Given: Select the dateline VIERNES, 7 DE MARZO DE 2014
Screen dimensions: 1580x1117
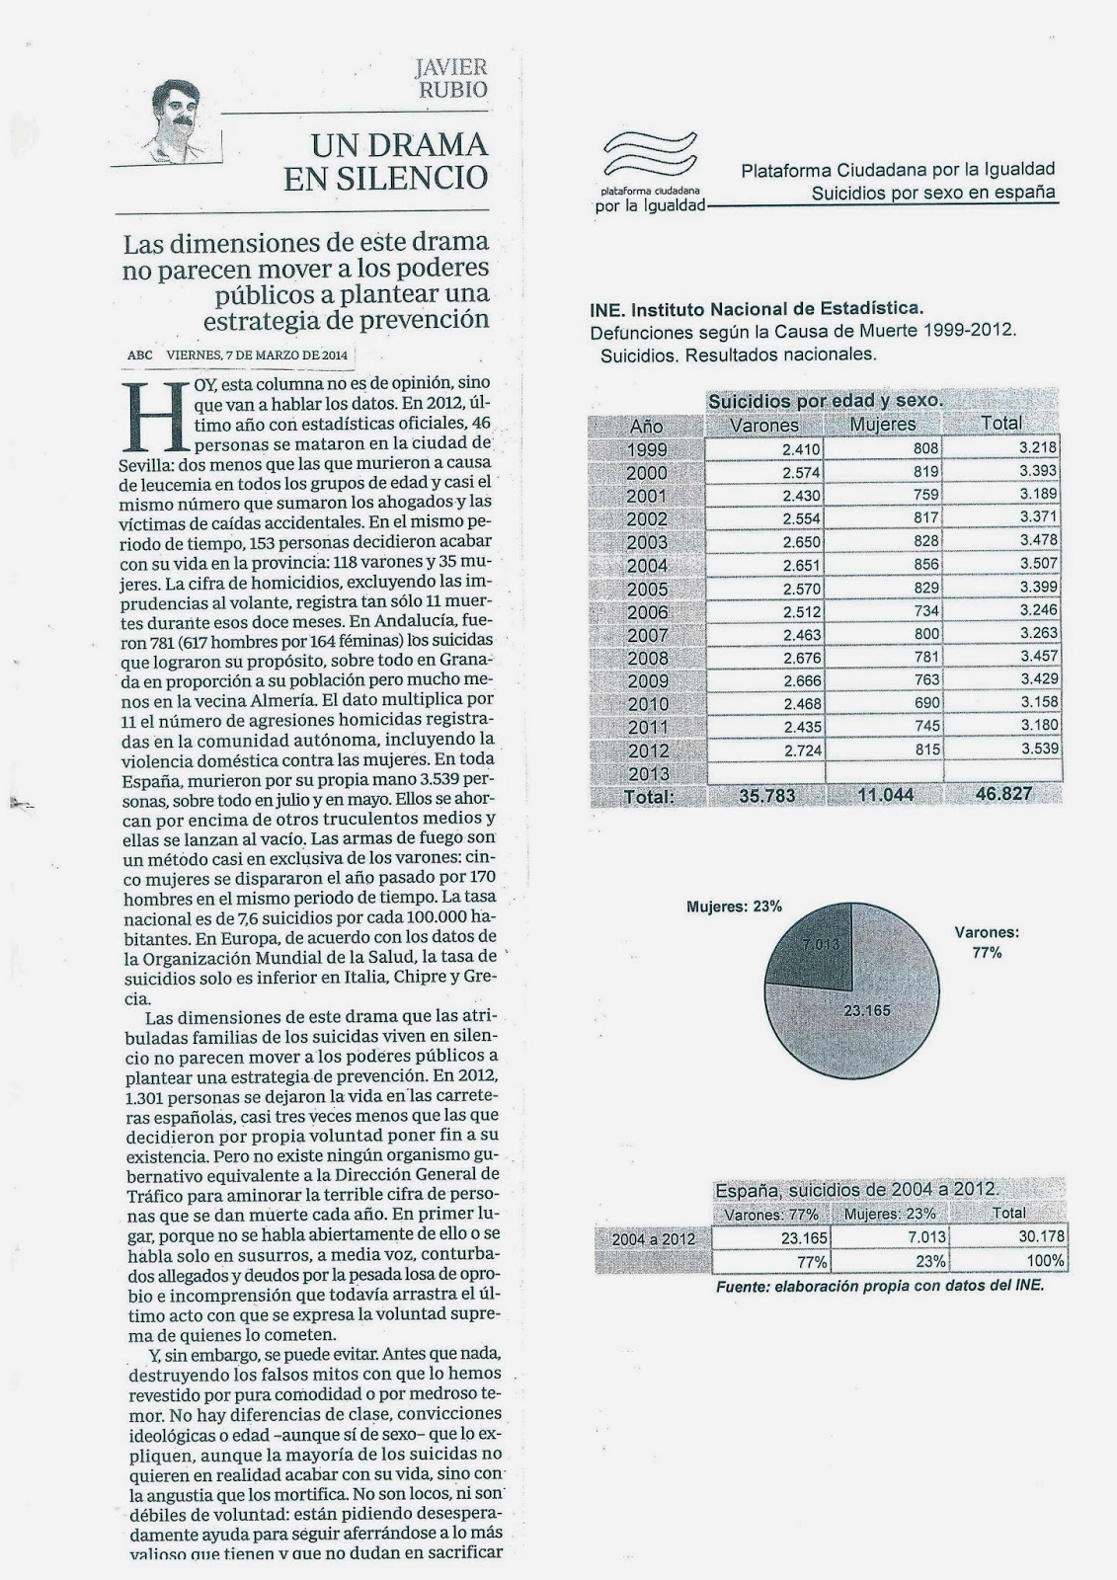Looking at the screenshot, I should point(256,355).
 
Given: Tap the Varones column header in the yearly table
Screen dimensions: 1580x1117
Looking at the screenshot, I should point(762,425).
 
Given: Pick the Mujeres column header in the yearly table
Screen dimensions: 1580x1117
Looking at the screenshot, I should point(883,425).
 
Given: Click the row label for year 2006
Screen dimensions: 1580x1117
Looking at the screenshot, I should point(647,611).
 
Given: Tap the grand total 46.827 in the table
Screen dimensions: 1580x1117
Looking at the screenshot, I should point(1002,795).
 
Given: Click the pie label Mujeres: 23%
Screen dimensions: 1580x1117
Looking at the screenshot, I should point(734,906).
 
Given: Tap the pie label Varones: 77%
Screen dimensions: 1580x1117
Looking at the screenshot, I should point(987,942).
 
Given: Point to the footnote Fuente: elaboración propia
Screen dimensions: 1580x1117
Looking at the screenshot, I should point(879,1286).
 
